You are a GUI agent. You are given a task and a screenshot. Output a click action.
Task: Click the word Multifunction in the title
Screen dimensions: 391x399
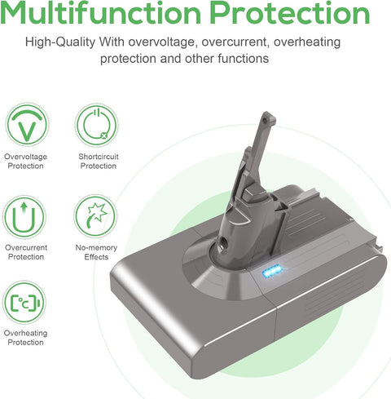click(x=100, y=13)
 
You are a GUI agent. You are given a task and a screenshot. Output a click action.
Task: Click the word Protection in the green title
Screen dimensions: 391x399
click(x=290, y=13)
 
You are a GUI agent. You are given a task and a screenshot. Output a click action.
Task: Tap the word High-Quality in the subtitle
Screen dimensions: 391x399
click(x=60, y=42)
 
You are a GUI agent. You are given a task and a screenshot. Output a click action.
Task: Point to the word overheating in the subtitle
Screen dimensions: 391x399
click(x=307, y=42)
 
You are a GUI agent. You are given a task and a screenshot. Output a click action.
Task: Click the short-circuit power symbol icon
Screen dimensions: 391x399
click(x=97, y=125)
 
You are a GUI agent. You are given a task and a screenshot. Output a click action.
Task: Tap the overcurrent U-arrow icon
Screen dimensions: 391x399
click(x=24, y=217)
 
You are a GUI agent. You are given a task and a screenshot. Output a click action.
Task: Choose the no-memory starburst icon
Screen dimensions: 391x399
click(x=95, y=216)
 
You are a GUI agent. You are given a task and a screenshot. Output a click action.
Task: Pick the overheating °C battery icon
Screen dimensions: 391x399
click(x=24, y=303)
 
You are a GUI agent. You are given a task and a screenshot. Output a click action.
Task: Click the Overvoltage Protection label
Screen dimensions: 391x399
click(x=25, y=162)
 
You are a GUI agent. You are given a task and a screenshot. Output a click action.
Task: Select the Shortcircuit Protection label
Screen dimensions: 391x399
click(x=99, y=162)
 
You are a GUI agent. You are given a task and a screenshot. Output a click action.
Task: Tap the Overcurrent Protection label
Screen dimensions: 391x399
click(x=26, y=252)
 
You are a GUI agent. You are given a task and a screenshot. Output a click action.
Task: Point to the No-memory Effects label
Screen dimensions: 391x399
click(x=96, y=252)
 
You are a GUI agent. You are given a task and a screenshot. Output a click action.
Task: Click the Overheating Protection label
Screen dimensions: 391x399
click(x=25, y=338)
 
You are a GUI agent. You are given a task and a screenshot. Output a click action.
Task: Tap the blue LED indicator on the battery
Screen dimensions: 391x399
click(x=272, y=273)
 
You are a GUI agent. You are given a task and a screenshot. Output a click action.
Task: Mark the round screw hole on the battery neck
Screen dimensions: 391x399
click(x=224, y=242)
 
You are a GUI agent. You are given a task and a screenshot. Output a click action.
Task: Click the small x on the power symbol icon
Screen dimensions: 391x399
click(x=104, y=135)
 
